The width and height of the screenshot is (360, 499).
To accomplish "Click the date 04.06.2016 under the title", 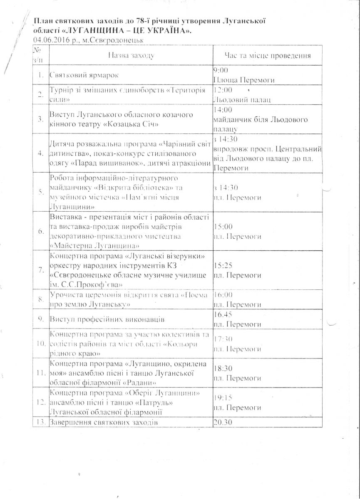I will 51,40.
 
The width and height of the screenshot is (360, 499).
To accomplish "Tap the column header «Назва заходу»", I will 131,55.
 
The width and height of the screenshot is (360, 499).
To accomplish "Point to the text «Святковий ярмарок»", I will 84,76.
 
